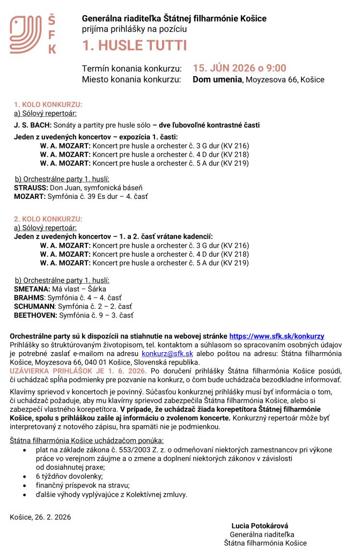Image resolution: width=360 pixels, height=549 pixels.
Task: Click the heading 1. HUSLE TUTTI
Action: click(135, 46)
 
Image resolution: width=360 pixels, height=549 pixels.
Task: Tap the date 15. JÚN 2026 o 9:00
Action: click(239, 68)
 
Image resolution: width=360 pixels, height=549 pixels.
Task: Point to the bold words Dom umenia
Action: click(217, 80)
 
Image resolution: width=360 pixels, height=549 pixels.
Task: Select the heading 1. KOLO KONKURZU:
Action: click(48, 105)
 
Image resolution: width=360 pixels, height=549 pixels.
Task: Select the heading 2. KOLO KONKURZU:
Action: click(48, 219)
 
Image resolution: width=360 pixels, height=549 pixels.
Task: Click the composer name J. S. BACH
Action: click(33, 125)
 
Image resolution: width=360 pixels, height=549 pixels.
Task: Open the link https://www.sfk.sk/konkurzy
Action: click(276, 336)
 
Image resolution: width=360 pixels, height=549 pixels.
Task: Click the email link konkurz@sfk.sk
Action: click(167, 354)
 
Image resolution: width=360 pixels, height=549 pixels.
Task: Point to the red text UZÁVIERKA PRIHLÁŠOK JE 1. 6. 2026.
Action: click(78, 370)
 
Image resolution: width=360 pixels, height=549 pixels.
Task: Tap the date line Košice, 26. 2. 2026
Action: click(40, 517)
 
